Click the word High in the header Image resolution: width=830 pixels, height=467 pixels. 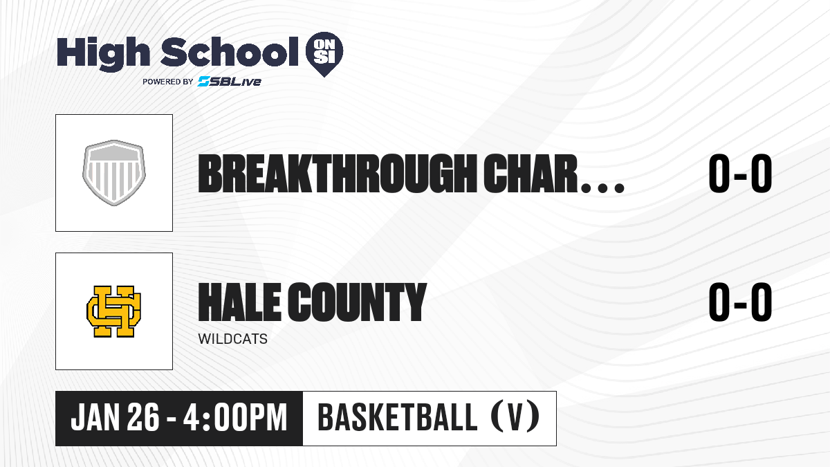[x=103, y=54]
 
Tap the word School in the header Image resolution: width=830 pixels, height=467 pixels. [x=230, y=52]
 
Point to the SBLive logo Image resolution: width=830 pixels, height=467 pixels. [x=229, y=82]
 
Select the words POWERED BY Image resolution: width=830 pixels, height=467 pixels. [x=168, y=82]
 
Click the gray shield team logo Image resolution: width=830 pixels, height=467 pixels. [x=113, y=173]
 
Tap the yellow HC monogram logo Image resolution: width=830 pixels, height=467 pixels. [x=113, y=311]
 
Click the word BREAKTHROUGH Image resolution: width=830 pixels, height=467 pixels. [x=338, y=174]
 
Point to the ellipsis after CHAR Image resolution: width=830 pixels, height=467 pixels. [x=603, y=187]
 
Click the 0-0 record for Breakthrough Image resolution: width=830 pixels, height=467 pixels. [x=740, y=174]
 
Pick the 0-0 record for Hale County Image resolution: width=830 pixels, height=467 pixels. [x=740, y=302]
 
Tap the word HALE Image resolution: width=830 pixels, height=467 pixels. [x=239, y=302]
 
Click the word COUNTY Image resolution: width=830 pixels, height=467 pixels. [x=358, y=302]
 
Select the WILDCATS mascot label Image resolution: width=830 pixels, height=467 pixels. [x=232, y=339]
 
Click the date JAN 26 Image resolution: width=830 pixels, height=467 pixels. [x=115, y=418]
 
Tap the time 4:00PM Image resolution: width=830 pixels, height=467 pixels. [x=235, y=418]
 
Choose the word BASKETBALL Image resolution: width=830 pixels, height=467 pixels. [x=397, y=418]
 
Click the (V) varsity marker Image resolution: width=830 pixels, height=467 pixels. [x=515, y=416]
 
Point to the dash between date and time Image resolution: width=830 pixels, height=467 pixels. [x=172, y=419]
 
